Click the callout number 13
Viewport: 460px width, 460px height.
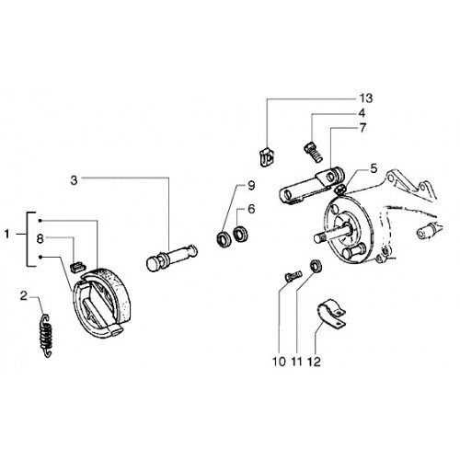coord(366,98)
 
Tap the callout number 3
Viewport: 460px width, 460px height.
coord(74,180)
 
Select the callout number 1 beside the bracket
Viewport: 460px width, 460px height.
coord(6,235)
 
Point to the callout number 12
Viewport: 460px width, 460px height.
coord(314,362)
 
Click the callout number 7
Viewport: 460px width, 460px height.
coord(362,128)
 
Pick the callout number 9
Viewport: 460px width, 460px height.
coord(251,185)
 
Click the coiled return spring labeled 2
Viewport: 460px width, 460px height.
coord(46,336)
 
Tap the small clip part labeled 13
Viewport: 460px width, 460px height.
coord(267,156)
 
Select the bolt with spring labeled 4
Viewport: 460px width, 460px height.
coord(314,153)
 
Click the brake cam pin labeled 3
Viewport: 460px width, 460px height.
coord(172,258)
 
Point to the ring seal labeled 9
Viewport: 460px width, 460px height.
coord(224,239)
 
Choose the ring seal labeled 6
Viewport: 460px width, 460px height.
coord(241,234)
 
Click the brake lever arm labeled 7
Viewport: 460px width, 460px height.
coord(311,185)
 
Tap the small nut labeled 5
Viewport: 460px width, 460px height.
coord(339,190)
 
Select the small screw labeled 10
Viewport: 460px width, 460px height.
coord(293,276)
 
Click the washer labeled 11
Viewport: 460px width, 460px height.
coord(316,266)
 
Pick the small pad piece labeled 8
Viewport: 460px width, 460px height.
coord(78,267)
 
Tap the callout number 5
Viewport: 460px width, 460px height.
coord(374,168)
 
